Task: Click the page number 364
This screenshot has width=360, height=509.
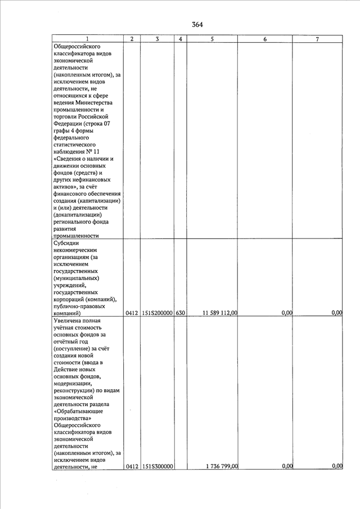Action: pos(197,24)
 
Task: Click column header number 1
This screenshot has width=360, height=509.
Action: pos(87,39)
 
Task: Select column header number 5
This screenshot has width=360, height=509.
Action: pos(212,39)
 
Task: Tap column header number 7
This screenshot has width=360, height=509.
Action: pos(317,39)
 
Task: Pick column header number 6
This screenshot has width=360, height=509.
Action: pos(264,39)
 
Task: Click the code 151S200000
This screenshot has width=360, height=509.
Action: pos(157,313)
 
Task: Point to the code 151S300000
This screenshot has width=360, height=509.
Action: pos(157,466)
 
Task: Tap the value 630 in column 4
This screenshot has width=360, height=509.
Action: pos(180,313)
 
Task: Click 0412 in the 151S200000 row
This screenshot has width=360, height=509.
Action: pos(132,313)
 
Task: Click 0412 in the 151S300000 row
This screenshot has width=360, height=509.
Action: pos(132,466)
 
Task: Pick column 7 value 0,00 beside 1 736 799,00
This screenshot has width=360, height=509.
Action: pos(337,466)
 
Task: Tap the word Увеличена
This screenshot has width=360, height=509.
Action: pos(69,320)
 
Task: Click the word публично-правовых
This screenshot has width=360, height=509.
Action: pos(82,305)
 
